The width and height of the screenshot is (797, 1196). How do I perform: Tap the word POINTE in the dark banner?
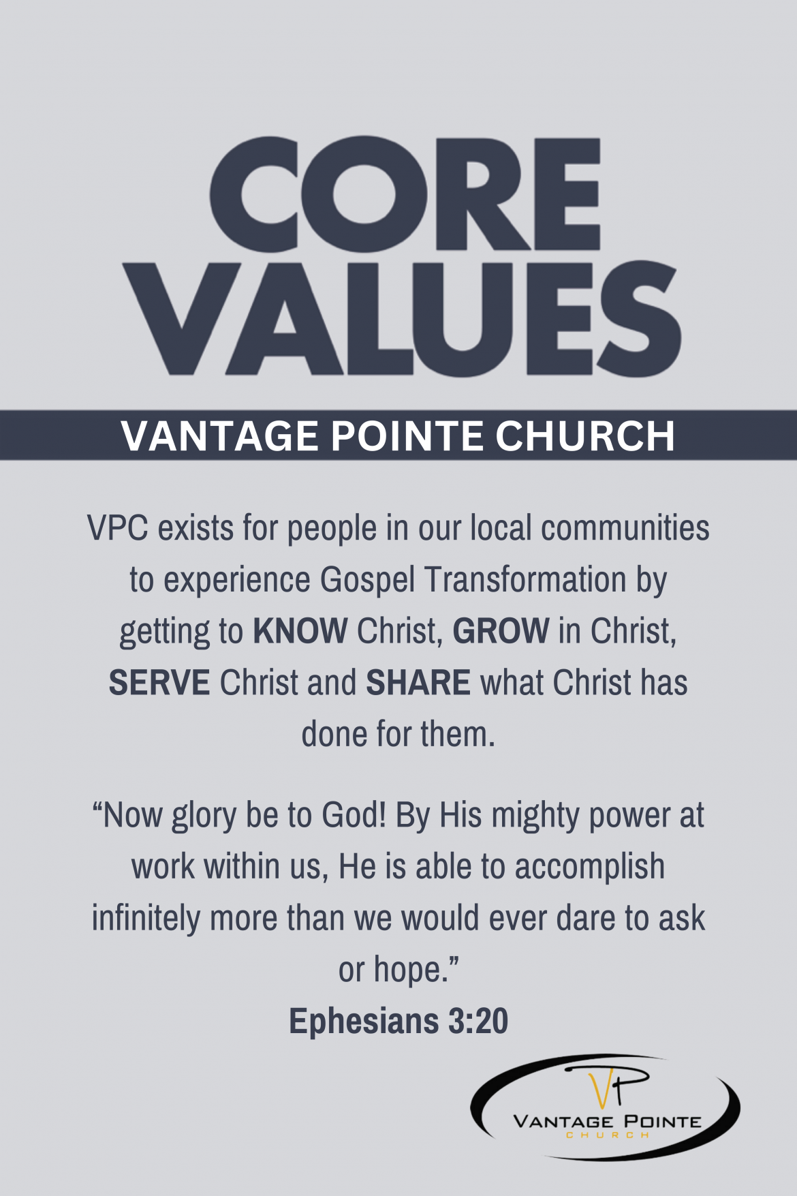pos(407,436)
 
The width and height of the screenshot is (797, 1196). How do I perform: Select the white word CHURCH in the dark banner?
pos(584,436)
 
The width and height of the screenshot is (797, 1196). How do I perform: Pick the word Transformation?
pos(525,580)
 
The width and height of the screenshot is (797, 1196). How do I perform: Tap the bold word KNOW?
pos(300,631)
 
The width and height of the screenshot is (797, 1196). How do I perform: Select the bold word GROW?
pos(501,631)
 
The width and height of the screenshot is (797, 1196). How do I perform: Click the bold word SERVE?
pos(159,683)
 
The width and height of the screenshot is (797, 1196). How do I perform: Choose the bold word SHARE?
pos(418,683)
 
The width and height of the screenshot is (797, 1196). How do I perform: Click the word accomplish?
pos(589,868)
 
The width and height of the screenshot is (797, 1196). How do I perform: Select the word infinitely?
pos(146,919)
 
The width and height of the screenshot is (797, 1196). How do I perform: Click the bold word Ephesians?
pos(364,1022)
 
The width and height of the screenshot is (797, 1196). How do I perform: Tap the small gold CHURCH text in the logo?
pos(608,1135)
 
